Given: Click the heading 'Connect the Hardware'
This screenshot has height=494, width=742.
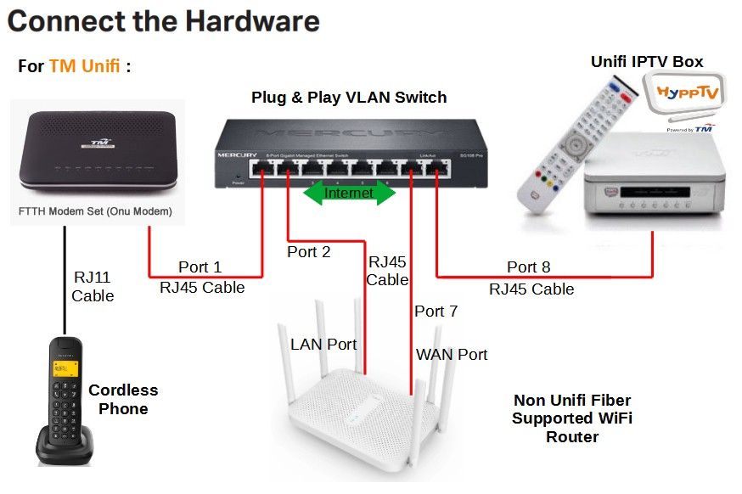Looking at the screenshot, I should (163, 22).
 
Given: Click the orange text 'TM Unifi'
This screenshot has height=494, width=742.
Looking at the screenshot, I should (85, 66).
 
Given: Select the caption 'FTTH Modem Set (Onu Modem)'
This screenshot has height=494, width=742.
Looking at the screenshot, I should (94, 211).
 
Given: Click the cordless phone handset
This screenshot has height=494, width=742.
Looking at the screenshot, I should (65, 400).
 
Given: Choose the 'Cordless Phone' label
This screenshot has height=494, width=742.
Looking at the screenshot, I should (123, 400).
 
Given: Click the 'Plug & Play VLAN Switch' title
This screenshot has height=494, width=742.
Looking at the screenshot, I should (348, 98).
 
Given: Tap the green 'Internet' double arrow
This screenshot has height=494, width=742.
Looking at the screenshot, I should (349, 193).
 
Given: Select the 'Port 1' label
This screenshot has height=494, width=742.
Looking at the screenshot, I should (201, 268).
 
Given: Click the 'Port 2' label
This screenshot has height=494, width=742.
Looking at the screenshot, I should (308, 252).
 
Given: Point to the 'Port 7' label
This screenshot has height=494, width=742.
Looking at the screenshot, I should (436, 312).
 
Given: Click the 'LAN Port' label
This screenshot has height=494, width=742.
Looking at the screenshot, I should (323, 345).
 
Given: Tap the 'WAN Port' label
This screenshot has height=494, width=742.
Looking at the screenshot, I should (452, 355).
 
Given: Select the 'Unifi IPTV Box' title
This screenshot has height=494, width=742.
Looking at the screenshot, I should (647, 61).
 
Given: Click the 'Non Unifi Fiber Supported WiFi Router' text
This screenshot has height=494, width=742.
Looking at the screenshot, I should (571, 418).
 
